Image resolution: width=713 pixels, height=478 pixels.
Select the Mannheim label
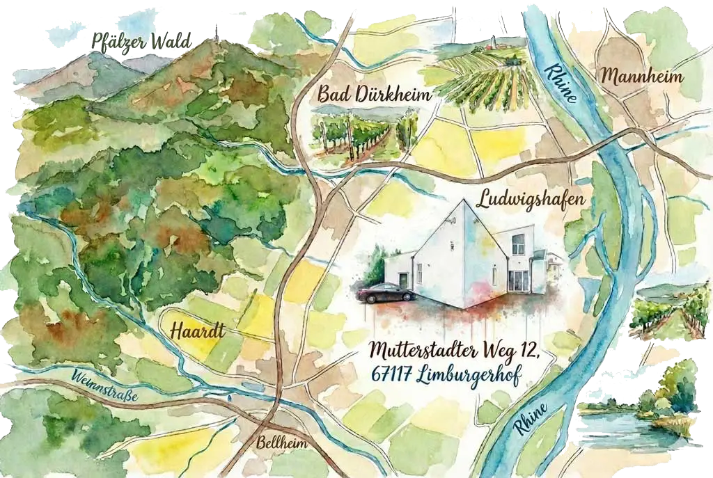(642, 75)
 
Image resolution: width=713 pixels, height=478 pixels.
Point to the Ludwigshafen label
(530, 200)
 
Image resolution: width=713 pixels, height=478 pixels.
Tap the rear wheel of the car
(368, 298)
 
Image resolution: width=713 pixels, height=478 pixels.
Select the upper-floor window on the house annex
(517, 244)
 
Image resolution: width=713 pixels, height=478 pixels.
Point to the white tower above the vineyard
(496, 40)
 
